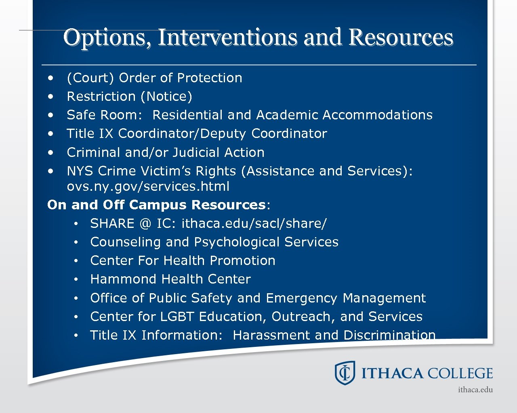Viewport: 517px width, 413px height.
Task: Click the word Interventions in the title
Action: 228,37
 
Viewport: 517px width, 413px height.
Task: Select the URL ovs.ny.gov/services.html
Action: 148,186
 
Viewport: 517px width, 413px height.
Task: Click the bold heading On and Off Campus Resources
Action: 156,205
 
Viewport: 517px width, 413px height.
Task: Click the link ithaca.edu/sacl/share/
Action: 254,223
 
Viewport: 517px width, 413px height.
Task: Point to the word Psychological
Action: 237,242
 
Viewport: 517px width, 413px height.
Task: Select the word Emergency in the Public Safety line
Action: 301,298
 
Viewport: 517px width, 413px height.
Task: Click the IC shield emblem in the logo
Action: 345,373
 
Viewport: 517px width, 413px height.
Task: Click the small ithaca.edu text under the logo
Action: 475,390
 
